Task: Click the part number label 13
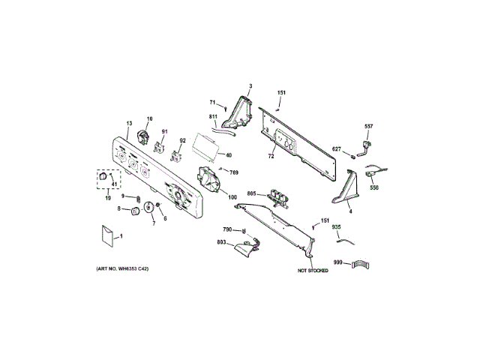click(128, 123)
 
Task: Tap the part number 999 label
click(338, 262)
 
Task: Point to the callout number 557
click(368, 126)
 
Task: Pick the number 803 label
click(221, 243)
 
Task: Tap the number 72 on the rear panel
click(271, 157)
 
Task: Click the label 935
click(337, 226)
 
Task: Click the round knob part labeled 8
click(136, 212)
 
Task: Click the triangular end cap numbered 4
click(346, 188)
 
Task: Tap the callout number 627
click(337, 149)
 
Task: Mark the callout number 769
click(234, 173)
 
